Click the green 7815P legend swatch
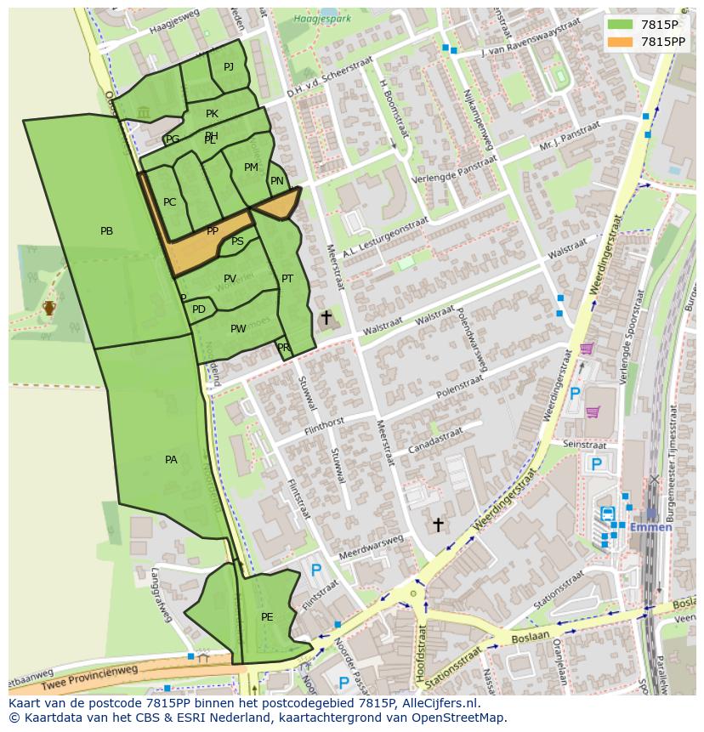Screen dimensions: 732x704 [x=620, y=24]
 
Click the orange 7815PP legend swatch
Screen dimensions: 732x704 [x=620, y=42]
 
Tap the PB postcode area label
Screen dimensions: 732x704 [x=106, y=231]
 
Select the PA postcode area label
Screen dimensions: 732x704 [x=171, y=460]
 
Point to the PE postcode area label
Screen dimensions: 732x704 [x=267, y=617]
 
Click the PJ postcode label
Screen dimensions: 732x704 [x=229, y=67]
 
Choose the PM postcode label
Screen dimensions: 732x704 [x=251, y=167]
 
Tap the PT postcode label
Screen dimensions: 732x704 [x=287, y=279]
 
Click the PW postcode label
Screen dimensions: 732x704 [x=238, y=329]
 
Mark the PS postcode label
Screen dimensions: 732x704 [x=237, y=241]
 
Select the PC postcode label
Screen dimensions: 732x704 [x=169, y=202]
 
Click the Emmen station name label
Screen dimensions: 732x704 [x=650, y=526]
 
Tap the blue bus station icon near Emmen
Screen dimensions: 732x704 [x=609, y=514]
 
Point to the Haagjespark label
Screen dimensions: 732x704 [x=315, y=18]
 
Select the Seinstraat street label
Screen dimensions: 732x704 [x=584, y=445]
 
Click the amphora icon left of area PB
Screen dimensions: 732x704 [x=49, y=307]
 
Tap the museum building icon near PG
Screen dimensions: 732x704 [x=143, y=112]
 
